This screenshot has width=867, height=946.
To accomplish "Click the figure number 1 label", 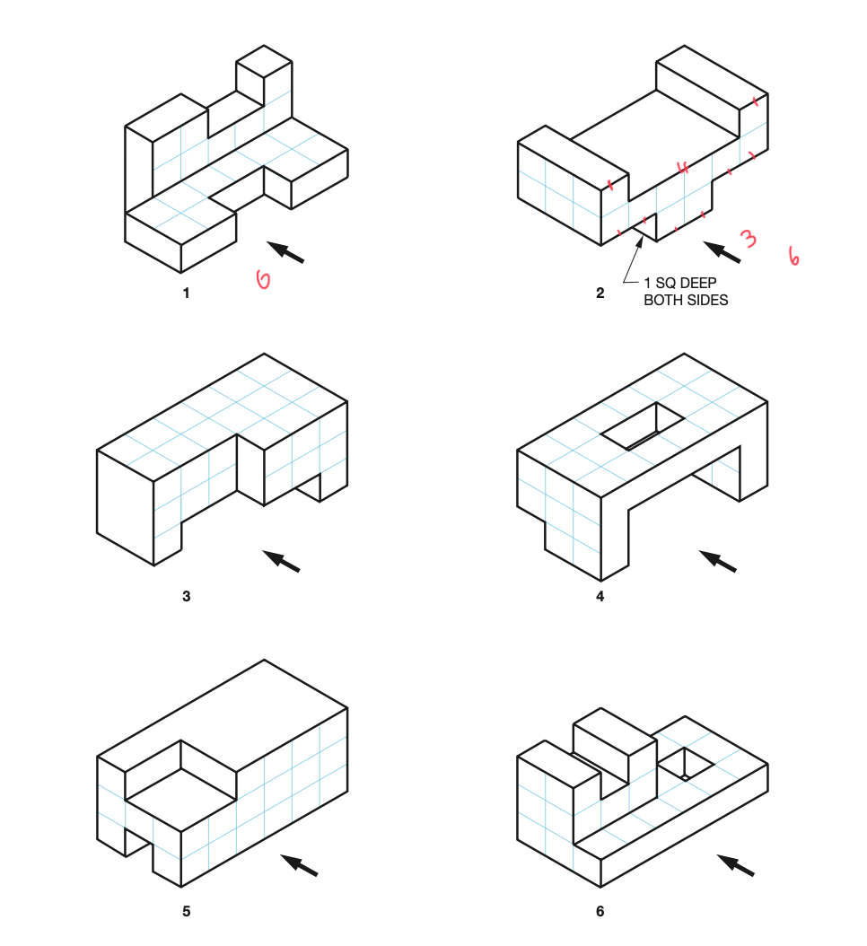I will (x=186, y=293).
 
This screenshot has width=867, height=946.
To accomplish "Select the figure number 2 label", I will (x=600, y=293).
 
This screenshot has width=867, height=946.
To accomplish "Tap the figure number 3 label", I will (x=186, y=596).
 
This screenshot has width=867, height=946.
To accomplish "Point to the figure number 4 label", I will (x=600, y=596).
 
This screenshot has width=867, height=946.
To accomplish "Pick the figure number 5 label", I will (x=186, y=912).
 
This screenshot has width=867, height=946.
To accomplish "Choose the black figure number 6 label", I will (x=600, y=912).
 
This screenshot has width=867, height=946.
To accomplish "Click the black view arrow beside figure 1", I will (x=286, y=251).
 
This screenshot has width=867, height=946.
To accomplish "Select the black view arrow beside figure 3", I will (x=281, y=560).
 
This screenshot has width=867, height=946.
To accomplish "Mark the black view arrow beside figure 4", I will (x=717, y=561).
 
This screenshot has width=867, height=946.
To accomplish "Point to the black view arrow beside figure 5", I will (x=300, y=865).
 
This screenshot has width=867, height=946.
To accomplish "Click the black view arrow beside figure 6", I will (x=735, y=865).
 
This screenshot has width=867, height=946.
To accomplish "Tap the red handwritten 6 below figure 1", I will (x=263, y=280).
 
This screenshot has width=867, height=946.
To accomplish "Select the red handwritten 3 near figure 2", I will (x=748, y=238).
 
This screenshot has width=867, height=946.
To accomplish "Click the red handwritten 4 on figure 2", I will (x=683, y=167).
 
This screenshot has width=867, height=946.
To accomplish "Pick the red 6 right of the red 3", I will (x=793, y=256).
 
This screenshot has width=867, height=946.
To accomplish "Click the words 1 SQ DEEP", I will (x=679, y=284).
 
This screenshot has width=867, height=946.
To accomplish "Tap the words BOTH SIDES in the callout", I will (x=686, y=300).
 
